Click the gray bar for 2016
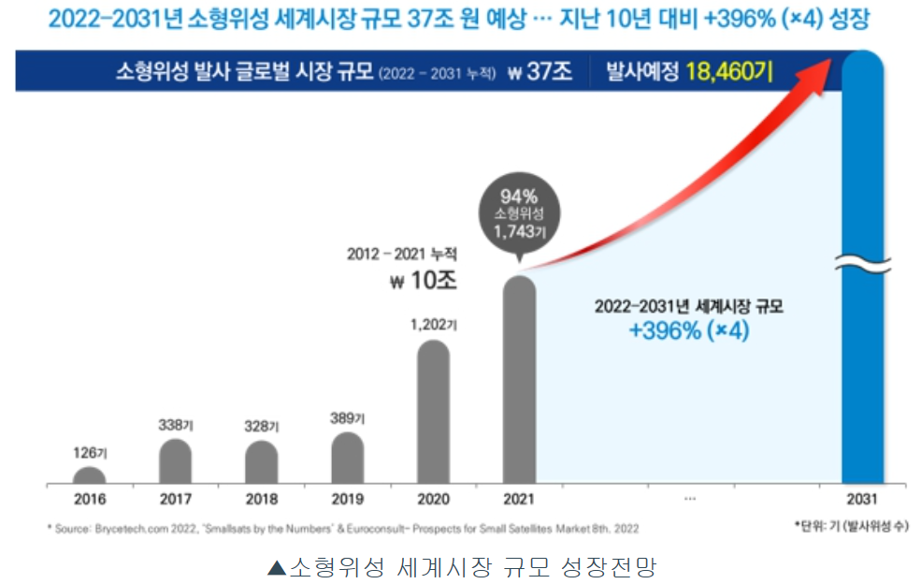coord(90,476)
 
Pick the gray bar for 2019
coord(347,459)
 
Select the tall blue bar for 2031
coord(865,281)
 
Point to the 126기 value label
coord(90,454)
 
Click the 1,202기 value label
coord(433,326)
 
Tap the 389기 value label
coord(347,417)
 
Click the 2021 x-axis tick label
coord(519,500)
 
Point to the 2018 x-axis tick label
coord(262,500)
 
